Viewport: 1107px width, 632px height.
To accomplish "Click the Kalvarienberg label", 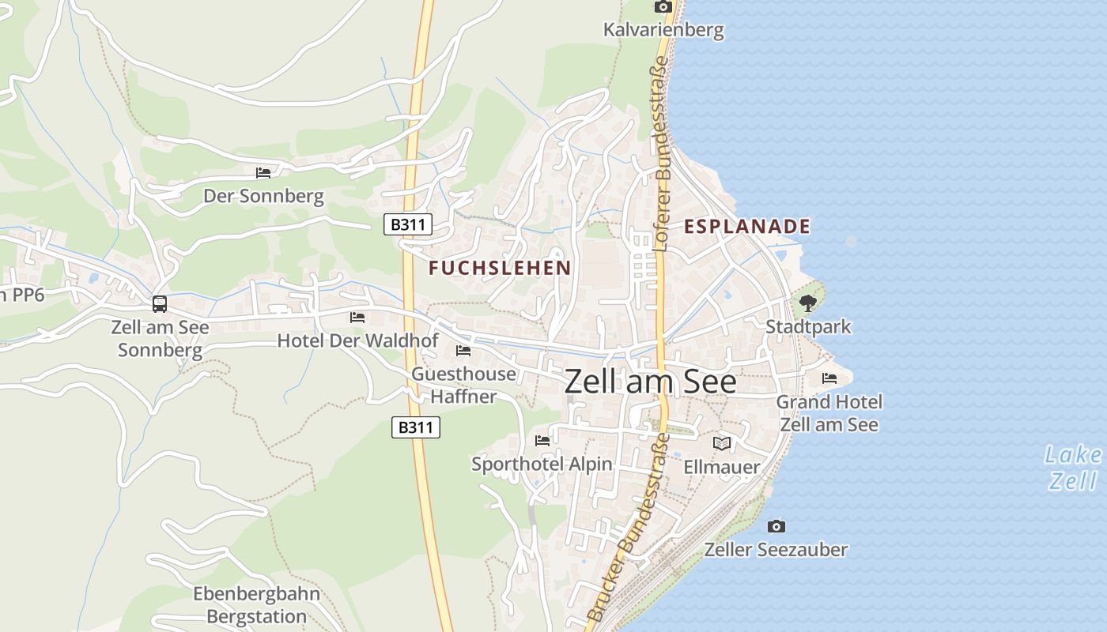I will tap(663, 31).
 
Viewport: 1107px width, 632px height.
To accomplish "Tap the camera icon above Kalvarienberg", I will tap(663, 7).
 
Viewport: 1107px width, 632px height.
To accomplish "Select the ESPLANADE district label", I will tap(747, 227).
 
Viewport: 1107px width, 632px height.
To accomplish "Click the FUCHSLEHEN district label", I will tap(500, 268).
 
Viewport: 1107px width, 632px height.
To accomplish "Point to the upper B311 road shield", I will tap(409, 224).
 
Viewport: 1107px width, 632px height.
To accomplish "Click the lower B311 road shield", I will tap(416, 427).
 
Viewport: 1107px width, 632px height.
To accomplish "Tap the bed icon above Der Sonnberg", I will tap(263, 172).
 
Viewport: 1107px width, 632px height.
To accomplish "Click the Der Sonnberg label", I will tap(263, 196).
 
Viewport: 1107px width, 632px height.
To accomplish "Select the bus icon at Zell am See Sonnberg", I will tap(160, 303).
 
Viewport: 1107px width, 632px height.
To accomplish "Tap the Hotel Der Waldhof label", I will tap(357, 340).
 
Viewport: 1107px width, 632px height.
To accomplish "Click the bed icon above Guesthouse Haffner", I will tap(463, 350).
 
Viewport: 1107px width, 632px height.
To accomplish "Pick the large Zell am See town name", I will tap(650, 382).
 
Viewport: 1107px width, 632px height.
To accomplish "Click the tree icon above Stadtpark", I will tap(807, 303).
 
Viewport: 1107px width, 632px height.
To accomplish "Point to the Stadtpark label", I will tap(808, 326).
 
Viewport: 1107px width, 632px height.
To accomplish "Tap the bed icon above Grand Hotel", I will tap(829, 378).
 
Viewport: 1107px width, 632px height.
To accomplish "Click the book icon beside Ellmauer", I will tap(721, 443).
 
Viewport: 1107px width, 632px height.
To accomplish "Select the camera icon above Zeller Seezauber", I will tap(776, 526).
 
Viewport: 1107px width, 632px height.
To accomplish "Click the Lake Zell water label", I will tap(1073, 468).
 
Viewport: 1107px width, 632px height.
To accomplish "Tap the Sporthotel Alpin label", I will tap(542, 464).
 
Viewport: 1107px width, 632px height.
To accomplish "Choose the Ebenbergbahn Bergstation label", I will tap(257, 605).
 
